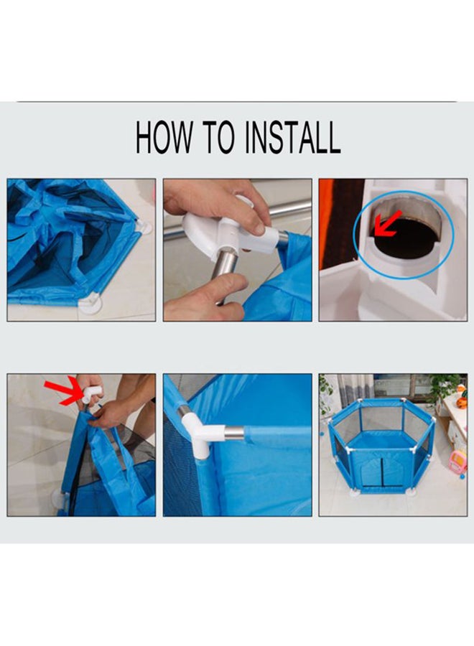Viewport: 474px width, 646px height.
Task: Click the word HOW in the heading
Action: (x=164, y=137)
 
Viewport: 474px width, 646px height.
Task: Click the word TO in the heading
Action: (x=219, y=137)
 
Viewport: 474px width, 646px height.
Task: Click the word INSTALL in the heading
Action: (x=293, y=137)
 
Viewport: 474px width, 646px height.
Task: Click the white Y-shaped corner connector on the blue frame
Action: (x=198, y=432)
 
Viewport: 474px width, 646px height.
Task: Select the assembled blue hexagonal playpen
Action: (x=381, y=446)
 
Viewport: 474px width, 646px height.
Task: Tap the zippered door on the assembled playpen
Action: (x=381, y=473)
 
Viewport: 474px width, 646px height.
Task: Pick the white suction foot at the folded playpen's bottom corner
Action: (x=90, y=304)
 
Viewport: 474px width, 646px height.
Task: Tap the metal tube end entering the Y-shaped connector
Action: (x=234, y=433)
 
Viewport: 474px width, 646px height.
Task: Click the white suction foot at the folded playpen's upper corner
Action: (x=144, y=226)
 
